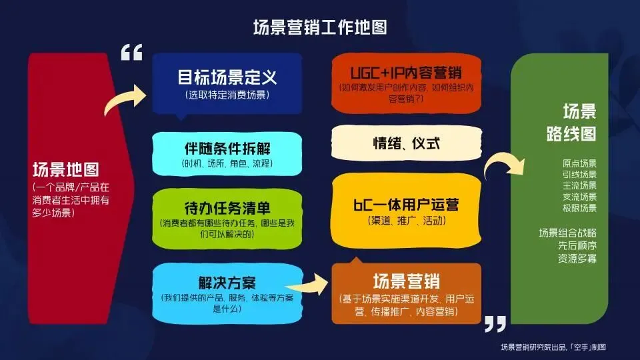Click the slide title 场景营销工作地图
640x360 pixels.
[x=320, y=28]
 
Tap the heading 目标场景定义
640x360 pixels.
[x=227, y=77]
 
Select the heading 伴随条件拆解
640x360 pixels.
[x=227, y=148]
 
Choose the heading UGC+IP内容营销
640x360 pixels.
[x=407, y=72]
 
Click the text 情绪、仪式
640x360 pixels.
[x=406, y=142]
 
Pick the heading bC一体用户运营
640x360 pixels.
[x=406, y=203]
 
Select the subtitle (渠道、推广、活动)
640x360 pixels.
[x=406, y=221]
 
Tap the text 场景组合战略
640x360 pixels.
[x=567, y=232]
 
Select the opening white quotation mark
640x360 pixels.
[x=131, y=53]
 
